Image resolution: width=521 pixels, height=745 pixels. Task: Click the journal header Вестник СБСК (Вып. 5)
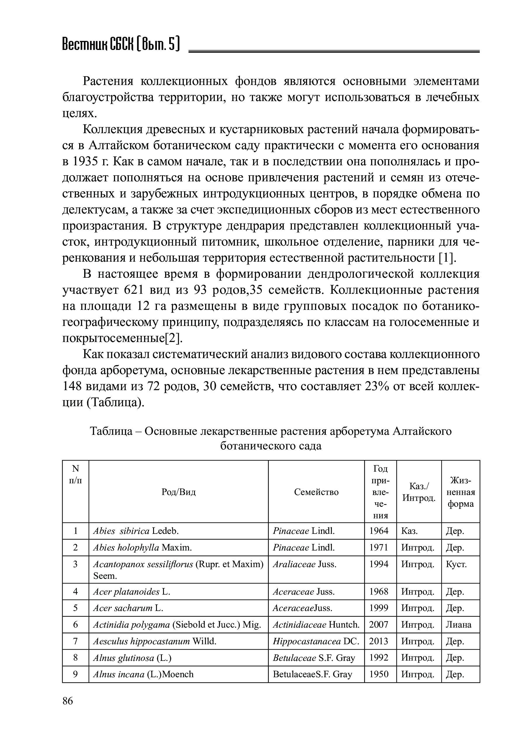point(121,44)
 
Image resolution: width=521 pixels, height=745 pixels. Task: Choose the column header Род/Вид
point(179,492)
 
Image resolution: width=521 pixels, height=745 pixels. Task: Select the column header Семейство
point(316,492)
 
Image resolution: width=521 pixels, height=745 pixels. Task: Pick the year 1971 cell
point(379,547)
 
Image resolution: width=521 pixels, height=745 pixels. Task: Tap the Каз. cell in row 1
point(409,531)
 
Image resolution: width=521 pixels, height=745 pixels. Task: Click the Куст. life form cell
point(456,564)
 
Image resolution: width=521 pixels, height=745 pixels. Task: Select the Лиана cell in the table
point(458,625)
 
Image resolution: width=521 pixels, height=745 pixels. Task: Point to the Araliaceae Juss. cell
point(304,564)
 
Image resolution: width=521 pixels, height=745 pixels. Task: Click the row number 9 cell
point(75,674)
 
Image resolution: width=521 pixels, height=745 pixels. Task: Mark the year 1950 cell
point(379,674)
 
